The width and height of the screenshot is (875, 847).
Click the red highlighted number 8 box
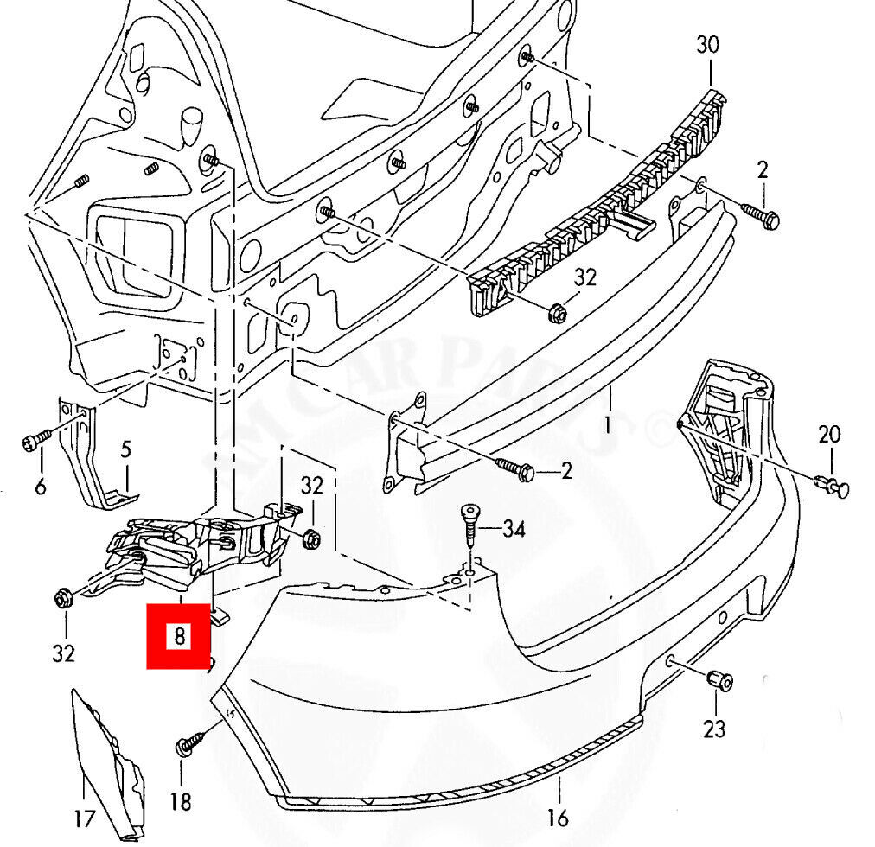(x=180, y=637)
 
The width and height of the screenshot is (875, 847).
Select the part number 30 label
(x=707, y=46)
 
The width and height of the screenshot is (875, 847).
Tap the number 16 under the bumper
(x=558, y=816)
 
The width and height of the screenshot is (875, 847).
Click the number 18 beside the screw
(x=180, y=802)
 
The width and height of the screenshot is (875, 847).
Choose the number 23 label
(x=714, y=729)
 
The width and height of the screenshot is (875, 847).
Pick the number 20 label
(x=829, y=435)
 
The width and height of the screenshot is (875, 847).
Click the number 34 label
(x=514, y=527)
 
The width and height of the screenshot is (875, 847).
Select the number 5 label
(x=125, y=449)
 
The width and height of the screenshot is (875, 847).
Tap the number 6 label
(x=41, y=487)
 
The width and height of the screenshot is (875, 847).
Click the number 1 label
(x=608, y=425)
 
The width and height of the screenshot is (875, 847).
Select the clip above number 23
(x=719, y=681)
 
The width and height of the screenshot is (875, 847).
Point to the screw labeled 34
(x=469, y=522)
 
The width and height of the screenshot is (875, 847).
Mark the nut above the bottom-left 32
(x=62, y=597)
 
